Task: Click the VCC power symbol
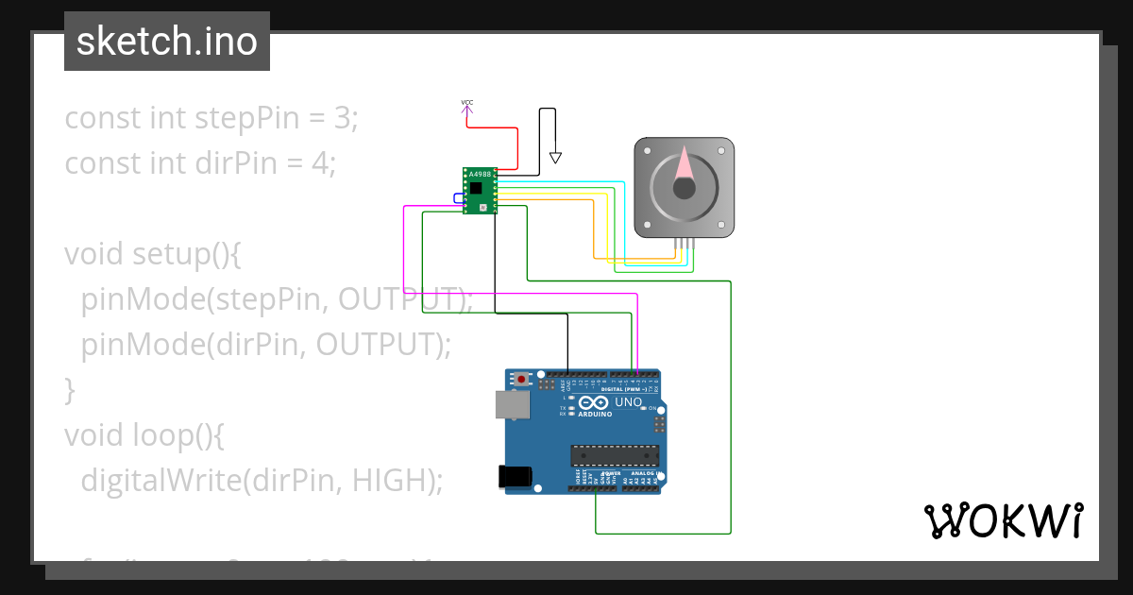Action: pos(466,103)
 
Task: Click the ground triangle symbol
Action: pos(555,158)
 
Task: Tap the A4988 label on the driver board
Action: pos(480,175)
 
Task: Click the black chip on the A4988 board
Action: pos(476,188)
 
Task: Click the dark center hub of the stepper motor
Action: pos(685,188)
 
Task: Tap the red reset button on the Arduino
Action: pos(522,380)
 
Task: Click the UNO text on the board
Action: pos(628,402)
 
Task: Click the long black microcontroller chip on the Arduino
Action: pos(614,454)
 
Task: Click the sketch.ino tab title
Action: pos(166,42)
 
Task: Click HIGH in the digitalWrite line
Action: pos(392,481)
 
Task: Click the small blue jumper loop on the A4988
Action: pos(458,197)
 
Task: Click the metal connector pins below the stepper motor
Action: pos(685,244)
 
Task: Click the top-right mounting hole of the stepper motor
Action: pos(721,150)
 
